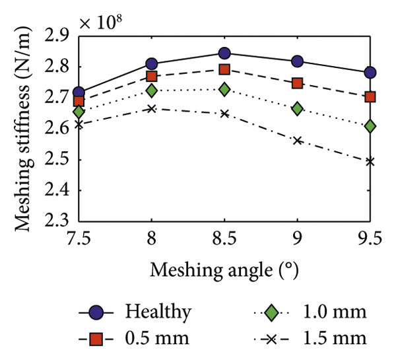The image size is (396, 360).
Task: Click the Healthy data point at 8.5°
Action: tap(224, 54)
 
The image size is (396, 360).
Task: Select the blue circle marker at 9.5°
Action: tap(370, 72)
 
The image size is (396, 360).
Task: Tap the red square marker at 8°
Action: tap(152, 77)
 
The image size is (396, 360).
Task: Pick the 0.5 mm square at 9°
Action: tap(298, 83)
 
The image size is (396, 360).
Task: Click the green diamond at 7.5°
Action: tap(79, 112)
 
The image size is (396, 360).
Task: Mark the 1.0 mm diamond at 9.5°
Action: tap(370, 126)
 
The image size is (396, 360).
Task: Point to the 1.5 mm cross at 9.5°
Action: tap(370, 161)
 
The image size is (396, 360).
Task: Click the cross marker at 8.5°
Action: tap(224, 114)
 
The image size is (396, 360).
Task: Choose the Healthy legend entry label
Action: tap(160, 311)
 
